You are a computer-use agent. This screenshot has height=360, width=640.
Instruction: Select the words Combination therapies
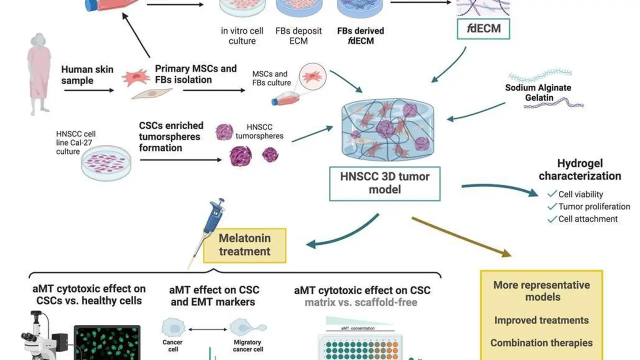coord(541,343)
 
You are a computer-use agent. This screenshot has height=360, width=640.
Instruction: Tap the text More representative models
coord(541,291)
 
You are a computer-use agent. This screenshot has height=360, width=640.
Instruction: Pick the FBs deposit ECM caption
coord(298,35)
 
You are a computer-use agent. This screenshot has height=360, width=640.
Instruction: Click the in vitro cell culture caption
coord(242,35)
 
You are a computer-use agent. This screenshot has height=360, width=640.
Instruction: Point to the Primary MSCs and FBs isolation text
coord(195,73)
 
